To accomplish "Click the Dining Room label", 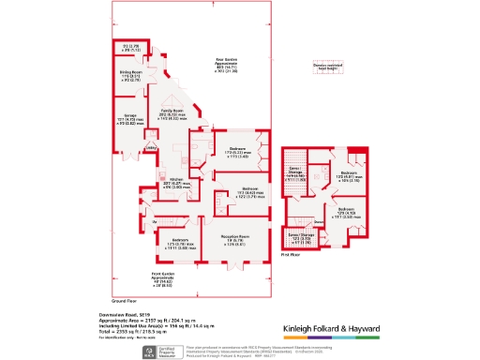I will click(129, 70).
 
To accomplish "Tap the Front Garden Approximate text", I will click(162, 274).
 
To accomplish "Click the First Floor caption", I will click(290, 253).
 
